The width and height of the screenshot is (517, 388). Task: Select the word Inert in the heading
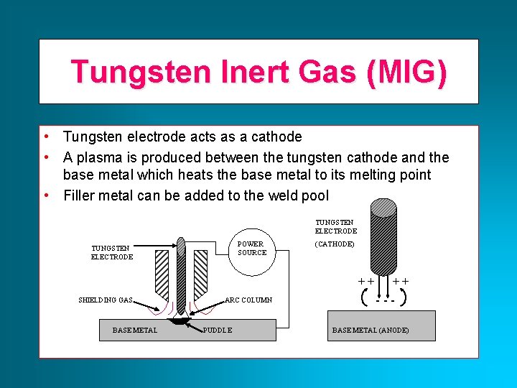237,72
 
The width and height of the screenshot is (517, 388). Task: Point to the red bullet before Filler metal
46,195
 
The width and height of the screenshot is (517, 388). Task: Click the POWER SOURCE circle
251,249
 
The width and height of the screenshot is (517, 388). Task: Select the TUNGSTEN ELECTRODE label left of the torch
112,252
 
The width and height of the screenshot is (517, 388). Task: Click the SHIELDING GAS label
106,300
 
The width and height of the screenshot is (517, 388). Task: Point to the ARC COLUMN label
248,300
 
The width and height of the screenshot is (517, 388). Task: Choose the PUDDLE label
218,331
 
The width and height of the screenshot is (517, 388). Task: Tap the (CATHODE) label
335,244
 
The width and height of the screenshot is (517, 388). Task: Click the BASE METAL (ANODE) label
371,331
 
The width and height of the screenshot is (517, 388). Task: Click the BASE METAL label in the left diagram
135,331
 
